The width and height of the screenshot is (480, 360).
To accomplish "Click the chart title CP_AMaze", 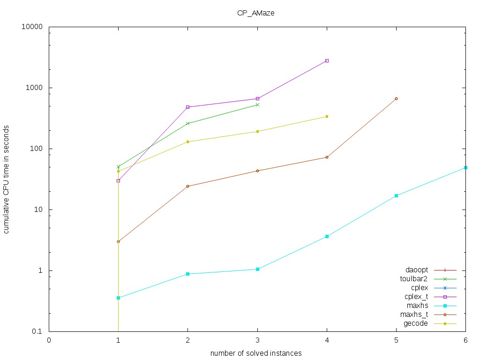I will click(255, 13).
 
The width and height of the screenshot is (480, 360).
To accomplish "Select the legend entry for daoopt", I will click(416, 270).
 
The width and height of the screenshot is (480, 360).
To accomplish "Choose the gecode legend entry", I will click(416, 323).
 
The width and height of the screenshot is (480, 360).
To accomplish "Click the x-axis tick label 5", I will click(396, 341).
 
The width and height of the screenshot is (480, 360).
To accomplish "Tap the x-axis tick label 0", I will click(49, 341).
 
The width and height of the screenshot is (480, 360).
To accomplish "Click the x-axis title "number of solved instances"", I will click(255, 352).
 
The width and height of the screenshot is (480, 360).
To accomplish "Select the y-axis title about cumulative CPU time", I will click(7, 179).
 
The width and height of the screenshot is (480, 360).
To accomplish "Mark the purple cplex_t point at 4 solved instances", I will click(327, 61).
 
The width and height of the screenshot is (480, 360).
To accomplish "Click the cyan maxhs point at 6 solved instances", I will click(465, 167).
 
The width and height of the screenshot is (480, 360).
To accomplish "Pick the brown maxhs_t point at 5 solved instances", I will click(396, 98).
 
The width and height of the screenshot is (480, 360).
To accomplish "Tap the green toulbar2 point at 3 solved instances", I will click(257, 105).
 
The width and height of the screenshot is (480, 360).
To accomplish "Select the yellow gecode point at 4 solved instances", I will click(327, 116).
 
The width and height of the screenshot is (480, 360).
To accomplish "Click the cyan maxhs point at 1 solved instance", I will click(118, 298).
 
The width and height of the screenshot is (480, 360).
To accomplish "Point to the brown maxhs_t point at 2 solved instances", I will click(188, 186).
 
